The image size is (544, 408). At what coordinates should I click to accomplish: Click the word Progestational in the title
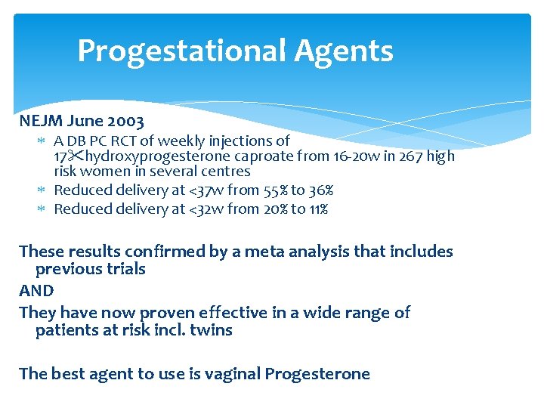(182, 51)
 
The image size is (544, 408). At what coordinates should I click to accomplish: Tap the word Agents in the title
(344, 51)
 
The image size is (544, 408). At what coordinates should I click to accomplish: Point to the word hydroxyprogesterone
(152, 156)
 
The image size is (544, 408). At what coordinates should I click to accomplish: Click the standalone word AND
(36, 291)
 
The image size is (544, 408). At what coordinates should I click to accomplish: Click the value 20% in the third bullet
(274, 209)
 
